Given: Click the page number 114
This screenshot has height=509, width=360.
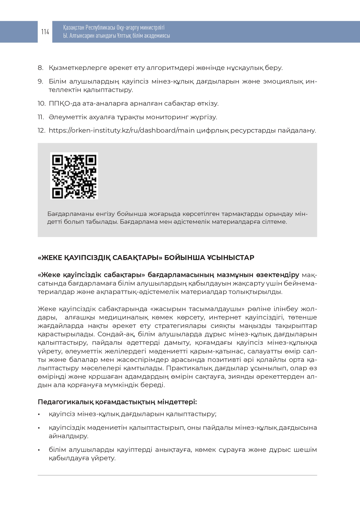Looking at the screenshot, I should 45,32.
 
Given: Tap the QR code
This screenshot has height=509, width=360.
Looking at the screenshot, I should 74,176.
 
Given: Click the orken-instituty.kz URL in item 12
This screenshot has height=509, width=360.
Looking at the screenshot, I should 122,130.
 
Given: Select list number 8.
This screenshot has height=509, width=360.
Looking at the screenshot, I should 40,68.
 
